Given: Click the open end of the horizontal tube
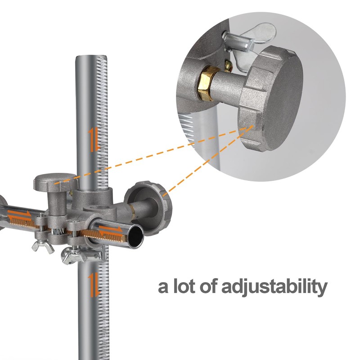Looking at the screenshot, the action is click(135, 237).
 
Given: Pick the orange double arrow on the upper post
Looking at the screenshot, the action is click(94, 139).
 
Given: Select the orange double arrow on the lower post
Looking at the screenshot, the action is click(94, 284).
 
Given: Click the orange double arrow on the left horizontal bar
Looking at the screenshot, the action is click(19, 215).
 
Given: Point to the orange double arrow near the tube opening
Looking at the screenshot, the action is click(111, 229).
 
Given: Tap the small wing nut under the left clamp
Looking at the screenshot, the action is click(43, 246).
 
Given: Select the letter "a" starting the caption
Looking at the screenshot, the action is click(163, 288).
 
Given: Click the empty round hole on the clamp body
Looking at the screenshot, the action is click(96, 208).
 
